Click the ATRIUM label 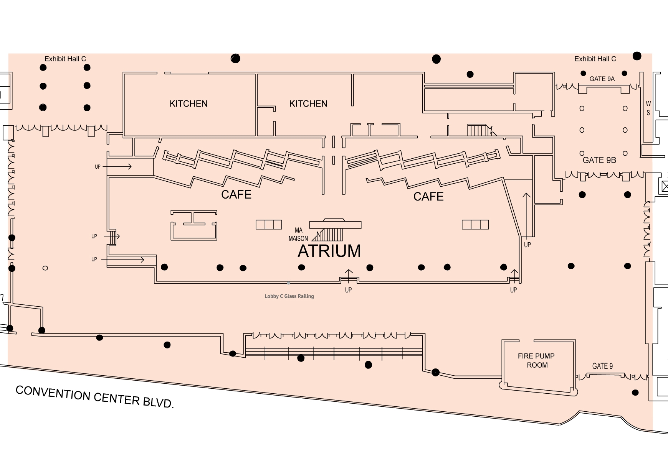tap(329, 251)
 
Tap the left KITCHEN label tap(188, 103)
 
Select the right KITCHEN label tap(308, 103)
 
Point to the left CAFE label tap(236, 194)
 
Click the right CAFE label tap(428, 196)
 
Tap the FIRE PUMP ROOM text tap(536, 360)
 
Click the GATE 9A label tap(602, 79)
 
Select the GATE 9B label tap(599, 160)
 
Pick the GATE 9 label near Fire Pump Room tap(602, 366)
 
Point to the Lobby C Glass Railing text tap(289, 296)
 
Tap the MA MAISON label tap(298, 234)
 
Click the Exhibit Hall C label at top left tap(65, 59)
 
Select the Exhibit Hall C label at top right tap(595, 59)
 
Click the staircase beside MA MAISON tap(331, 234)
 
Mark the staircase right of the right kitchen tap(478, 130)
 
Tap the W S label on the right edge tap(648, 108)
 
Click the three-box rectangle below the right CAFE tap(475, 224)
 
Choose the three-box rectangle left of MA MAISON tap(269, 224)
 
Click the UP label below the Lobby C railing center tap(348, 290)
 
